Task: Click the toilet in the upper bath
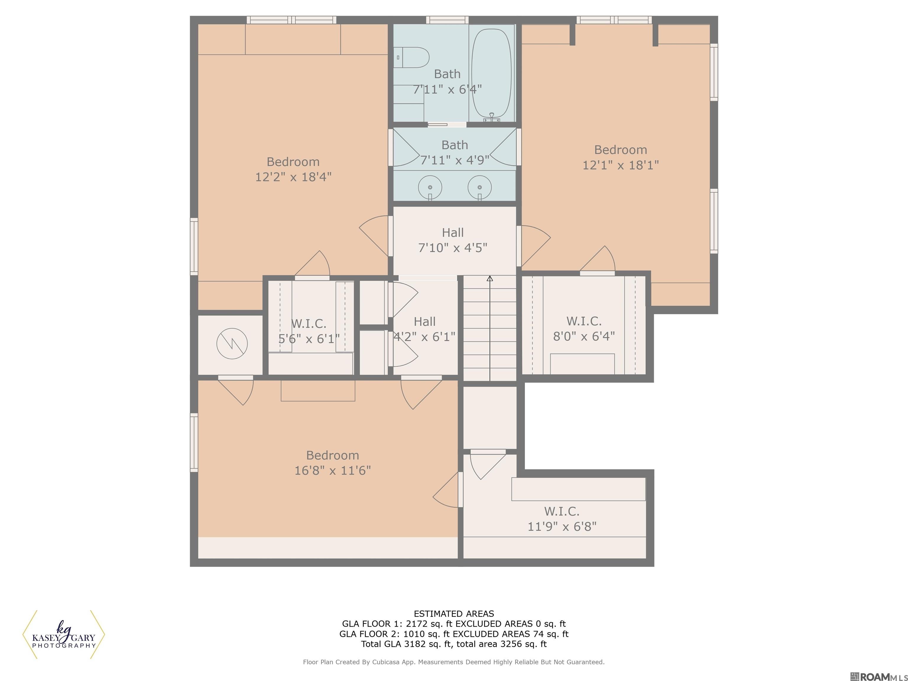[x=411, y=57]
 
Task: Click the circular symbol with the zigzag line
[x=232, y=343]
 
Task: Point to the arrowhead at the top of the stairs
[x=490, y=279]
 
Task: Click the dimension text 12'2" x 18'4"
[x=293, y=177]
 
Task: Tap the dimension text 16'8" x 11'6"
[x=333, y=471]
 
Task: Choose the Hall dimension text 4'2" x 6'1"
[x=424, y=337]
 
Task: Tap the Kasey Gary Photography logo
[x=64, y=634]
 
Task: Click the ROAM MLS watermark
[x=878, y=677]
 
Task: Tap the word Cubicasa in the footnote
[x=387, y=662]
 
